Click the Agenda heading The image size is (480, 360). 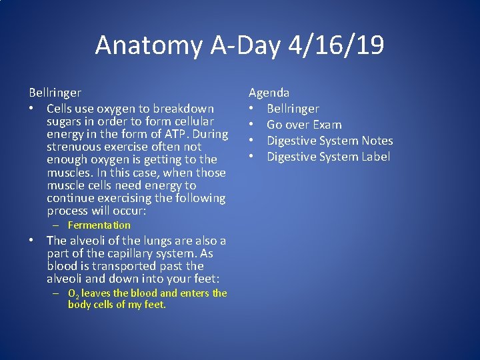coord(269,93)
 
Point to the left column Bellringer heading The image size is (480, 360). coord(55,93)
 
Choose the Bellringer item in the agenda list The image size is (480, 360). coord(293,109)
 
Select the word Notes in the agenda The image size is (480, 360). coord(377,141)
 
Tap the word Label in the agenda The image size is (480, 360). coord(376,157)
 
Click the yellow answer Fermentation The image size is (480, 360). coord(99,225)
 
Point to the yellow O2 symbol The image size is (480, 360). coord(73,293)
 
